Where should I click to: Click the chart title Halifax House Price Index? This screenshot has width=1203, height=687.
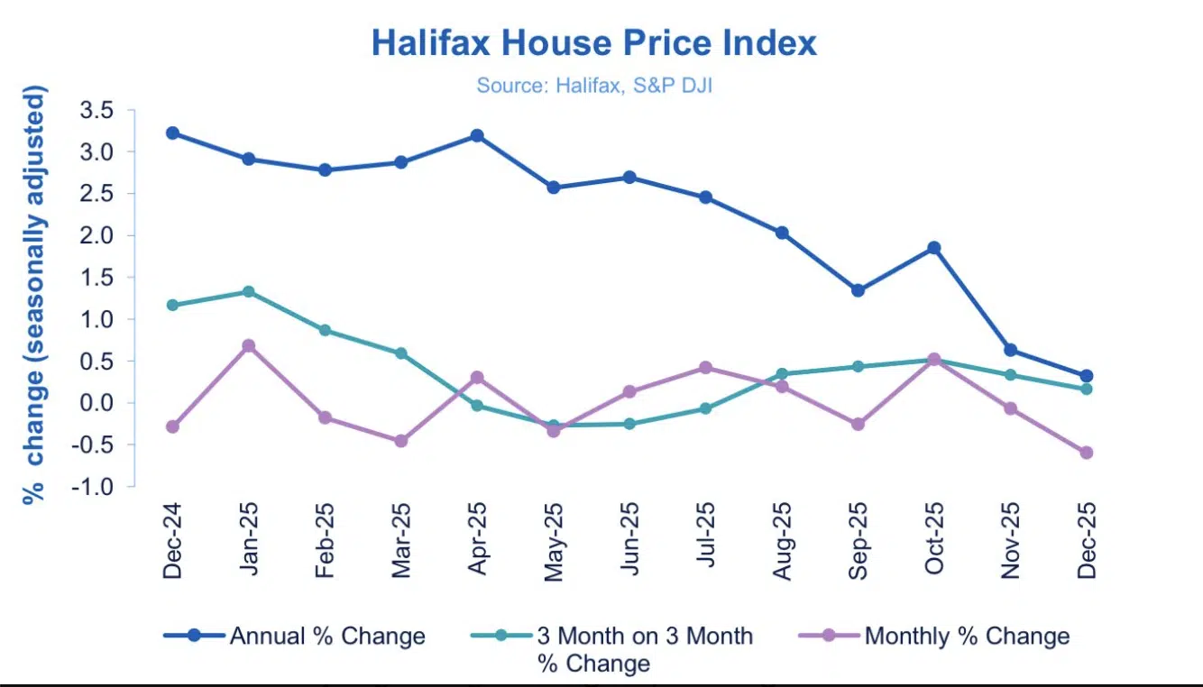tap(594, 43)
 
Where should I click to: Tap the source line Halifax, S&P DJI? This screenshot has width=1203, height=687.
tap(594, 87)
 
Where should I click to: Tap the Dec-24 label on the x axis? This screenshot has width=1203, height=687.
tap(171, 550)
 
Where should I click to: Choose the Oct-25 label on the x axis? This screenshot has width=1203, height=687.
tap(933, 550)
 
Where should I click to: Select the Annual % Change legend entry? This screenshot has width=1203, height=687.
tap(295, 636)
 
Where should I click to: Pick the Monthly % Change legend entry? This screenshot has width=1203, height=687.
tap(935, 636)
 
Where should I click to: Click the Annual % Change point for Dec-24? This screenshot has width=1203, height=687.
tap(172, 133)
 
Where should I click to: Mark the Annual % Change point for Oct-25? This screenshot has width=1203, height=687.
tap(934, 248)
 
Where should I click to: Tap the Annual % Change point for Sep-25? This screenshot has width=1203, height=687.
tap(858, 290)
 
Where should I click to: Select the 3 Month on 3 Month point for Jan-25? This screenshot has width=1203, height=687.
tap(248, 292)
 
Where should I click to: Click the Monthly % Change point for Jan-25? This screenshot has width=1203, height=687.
tap(248, 345)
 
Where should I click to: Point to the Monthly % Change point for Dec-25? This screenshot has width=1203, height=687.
tap(1087, 453)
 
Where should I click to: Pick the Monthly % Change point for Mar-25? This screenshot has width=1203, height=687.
tap(400, 441)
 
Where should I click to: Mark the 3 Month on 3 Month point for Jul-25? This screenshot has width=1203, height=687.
tap(705, 408)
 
